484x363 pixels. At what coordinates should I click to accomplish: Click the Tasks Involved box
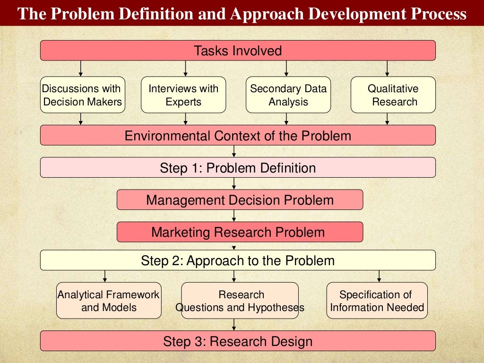tap(238, 51)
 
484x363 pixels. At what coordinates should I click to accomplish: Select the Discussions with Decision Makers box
tap(83, 95)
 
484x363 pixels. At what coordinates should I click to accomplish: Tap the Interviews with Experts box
tap(183, 95)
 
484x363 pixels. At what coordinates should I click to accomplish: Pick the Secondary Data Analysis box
tap(288, 95)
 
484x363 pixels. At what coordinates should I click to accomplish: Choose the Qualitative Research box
tap(393, 95)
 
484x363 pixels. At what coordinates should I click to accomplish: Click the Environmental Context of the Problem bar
tap(238, 136)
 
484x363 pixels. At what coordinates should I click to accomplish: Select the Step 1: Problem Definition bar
tap(238, 168)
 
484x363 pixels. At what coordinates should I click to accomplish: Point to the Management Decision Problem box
tap(240, 200)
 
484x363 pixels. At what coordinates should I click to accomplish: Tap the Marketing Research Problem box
tap(240, 232)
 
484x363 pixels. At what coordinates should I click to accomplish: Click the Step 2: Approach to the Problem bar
tap(238, 260)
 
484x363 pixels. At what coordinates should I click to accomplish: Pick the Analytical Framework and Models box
tap(109, 301)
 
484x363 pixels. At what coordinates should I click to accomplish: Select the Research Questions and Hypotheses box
tap(240, 301)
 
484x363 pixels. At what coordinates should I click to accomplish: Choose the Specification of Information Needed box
tap(377, 301)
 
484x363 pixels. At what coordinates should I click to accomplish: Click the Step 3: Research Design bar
tap(238, 341)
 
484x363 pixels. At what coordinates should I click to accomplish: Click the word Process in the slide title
tap(438, 14)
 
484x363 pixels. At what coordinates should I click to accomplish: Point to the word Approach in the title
tap(268, 14)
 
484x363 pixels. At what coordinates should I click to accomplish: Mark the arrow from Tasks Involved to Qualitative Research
tap(387, 69)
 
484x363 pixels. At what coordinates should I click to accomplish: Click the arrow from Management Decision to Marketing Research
tap(234, 216)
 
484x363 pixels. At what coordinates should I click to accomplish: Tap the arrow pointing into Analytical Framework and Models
tap(105, 276)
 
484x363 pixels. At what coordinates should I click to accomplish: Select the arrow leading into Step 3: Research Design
tap(234, 325)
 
